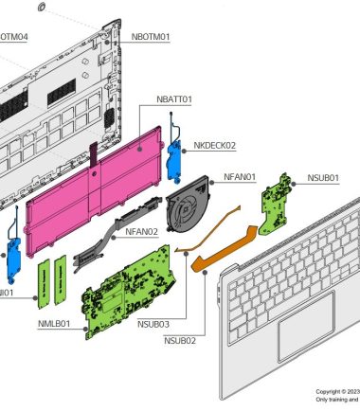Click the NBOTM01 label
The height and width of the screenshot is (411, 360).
pyautogui.click(x=151, y=37)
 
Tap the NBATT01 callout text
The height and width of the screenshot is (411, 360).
pyautogui.click(x=174, y=98)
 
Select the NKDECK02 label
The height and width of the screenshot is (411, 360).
pyautogui.click(x=214, y=146)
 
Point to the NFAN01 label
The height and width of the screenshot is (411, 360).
pyautogui.click(x=241, y=177)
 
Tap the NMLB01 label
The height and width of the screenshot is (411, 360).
pyautogui.click(x=53, y=324)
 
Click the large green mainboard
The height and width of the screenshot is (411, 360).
pyautogui.click(x=128, y=294)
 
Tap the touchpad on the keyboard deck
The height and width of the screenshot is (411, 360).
pyautogui.click(x=305, y=324)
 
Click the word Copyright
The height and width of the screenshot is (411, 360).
pyautogui.click(x=330, y=391)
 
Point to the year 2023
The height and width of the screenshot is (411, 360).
pyautogui.click(x=353, y=391)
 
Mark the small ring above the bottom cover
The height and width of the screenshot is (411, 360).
pyautogui.click(x=42, y=8)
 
